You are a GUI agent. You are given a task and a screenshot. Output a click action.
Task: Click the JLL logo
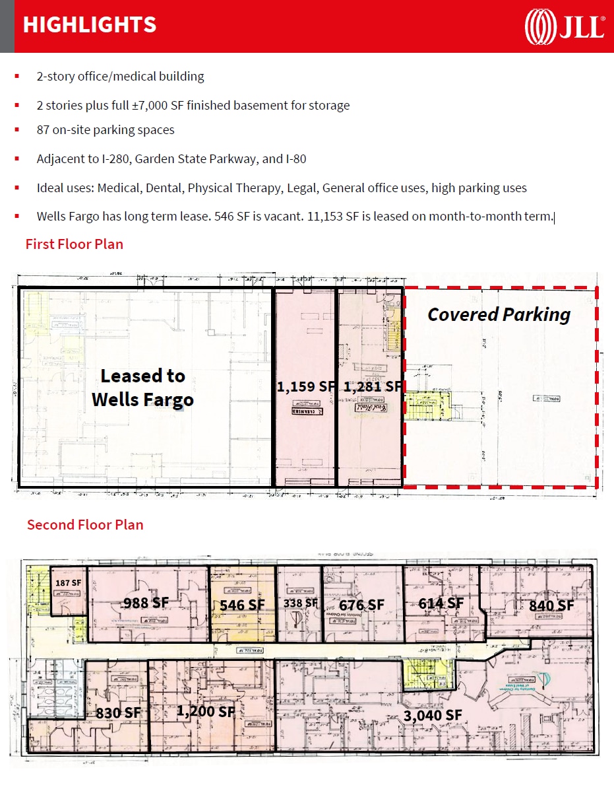coord(565,26)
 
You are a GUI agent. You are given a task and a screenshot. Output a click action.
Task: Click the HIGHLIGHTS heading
coord(89,25)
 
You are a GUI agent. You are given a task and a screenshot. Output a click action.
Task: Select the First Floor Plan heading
coord(75,244)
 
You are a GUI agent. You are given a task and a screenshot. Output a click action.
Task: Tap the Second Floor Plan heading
coord(85,524)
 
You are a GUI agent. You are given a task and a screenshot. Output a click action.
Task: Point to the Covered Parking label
coord(499,314)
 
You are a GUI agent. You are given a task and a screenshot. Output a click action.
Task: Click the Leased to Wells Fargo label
coord(142,388)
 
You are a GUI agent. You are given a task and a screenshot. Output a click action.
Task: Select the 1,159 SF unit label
coord(305,386)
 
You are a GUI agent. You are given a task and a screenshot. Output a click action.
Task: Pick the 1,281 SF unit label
coord(372,386)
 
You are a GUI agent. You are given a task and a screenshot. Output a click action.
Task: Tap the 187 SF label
coord(68,583)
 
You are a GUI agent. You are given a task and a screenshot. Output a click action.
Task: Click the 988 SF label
coord(146,602)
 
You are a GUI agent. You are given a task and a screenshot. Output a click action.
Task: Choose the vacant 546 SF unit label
coord(242,605)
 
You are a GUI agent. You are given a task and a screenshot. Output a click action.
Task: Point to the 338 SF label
coord(300,603)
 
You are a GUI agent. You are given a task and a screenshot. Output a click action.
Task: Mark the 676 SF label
coord(361,605)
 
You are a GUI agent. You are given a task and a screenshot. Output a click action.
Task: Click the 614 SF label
coord(441,603)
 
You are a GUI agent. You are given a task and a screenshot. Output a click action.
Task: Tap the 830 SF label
coord(119,712)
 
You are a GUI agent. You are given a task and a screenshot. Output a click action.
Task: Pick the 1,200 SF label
coord(206,711)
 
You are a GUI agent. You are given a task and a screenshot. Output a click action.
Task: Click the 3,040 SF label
coord(432,714)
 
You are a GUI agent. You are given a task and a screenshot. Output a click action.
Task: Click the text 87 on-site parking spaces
coord(106,130)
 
